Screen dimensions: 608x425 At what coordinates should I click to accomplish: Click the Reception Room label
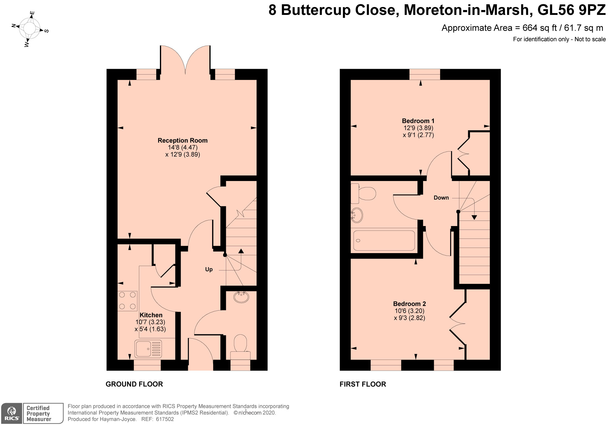[x=182, y=141]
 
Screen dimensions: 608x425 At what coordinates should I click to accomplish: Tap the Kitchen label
[x=151, y=315]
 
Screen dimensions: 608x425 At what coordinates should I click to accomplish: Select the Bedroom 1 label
[x=418, y=121]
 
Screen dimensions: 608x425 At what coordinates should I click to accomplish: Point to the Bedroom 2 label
[x=409, y=304]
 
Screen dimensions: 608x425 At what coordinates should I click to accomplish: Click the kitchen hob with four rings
[x=127, y=301]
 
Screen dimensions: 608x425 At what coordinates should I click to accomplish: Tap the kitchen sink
[x=148, y=349]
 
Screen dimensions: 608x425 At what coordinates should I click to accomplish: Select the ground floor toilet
[x=240, y=347]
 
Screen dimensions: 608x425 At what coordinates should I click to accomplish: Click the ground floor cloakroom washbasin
[x=241, y=297]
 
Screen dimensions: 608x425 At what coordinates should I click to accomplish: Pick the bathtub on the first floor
[x=384, y=241]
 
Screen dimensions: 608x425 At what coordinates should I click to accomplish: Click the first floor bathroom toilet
[x=363, y=193]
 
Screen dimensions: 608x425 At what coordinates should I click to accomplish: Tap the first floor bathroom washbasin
[x=357, y=215]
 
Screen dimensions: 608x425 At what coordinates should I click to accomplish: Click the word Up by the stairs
[x=209, y=270]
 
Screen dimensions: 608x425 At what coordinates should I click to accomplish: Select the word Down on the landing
[x=441, y=198]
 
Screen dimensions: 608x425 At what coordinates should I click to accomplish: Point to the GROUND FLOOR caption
[x=134, y=384]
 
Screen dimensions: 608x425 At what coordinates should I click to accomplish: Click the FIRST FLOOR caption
[x=363, y=384]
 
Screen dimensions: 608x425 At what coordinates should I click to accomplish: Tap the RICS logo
[x=12, y=413]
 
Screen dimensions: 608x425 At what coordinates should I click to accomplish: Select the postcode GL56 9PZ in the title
[x=572, y=10]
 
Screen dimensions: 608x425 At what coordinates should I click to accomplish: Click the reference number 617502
[x=165, y=419]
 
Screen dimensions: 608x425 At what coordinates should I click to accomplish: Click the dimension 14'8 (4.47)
[x=183, y=148]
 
